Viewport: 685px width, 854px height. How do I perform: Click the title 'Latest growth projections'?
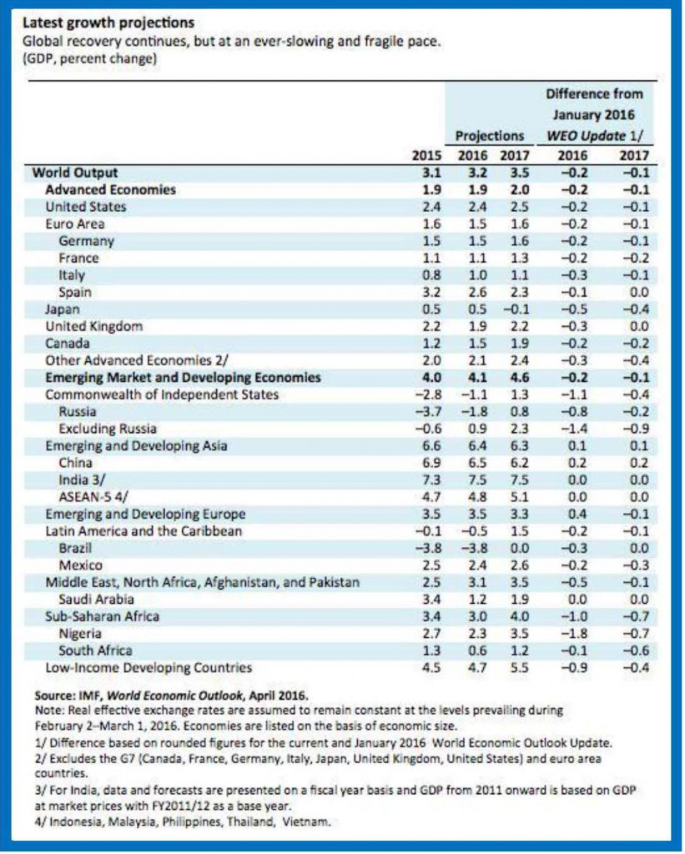[x=108, y=23]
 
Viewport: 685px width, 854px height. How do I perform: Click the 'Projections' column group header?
[x=490, y=136]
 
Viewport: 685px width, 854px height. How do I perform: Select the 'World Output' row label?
[x=75, y=173]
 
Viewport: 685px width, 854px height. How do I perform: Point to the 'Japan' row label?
[x=62, y=309]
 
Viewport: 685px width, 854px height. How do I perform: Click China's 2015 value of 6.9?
[x=431, y=463]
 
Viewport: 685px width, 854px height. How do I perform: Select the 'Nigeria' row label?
[x=80, y=634]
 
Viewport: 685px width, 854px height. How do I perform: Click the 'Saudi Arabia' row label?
[x=96, y=599]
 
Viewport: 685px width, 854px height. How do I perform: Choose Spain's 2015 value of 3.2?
[x=431, y=292]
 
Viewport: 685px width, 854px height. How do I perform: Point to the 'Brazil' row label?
[x=75, y=548]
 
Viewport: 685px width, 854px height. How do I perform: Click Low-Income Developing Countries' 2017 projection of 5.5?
[x=519, y=668]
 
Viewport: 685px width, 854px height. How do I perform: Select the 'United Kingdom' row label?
[x=93, y=326]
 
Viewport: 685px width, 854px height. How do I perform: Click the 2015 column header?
[x=426, y=156]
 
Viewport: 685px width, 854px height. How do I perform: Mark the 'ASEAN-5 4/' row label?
[x=93, y=497]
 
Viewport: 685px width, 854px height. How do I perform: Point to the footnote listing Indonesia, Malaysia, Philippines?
[x=183, y=821]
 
